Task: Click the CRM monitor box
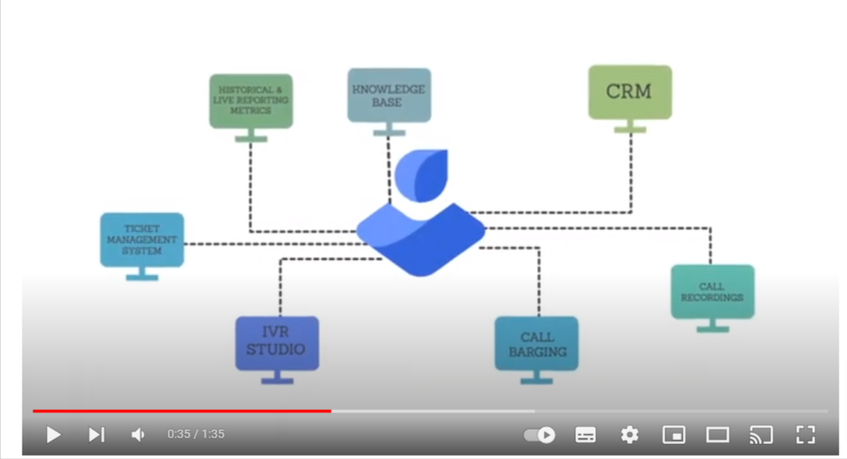(629, 92)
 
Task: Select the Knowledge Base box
(389, 96)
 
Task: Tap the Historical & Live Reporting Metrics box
(251, 101)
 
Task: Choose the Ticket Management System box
(142, 240)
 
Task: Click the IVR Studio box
(277, 342)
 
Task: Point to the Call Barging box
(537, 343)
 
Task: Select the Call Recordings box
(712, 292)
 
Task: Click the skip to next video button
(96, 434)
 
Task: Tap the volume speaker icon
(138, 434)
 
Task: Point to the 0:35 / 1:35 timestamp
(196, 434)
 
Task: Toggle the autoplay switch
(539, 434)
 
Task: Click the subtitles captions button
(586, 434)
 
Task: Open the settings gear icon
(629, 434)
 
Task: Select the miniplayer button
(674, 434)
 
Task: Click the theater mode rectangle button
(717, 434)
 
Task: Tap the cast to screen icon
(760, 434)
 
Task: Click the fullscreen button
(804, 434)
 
